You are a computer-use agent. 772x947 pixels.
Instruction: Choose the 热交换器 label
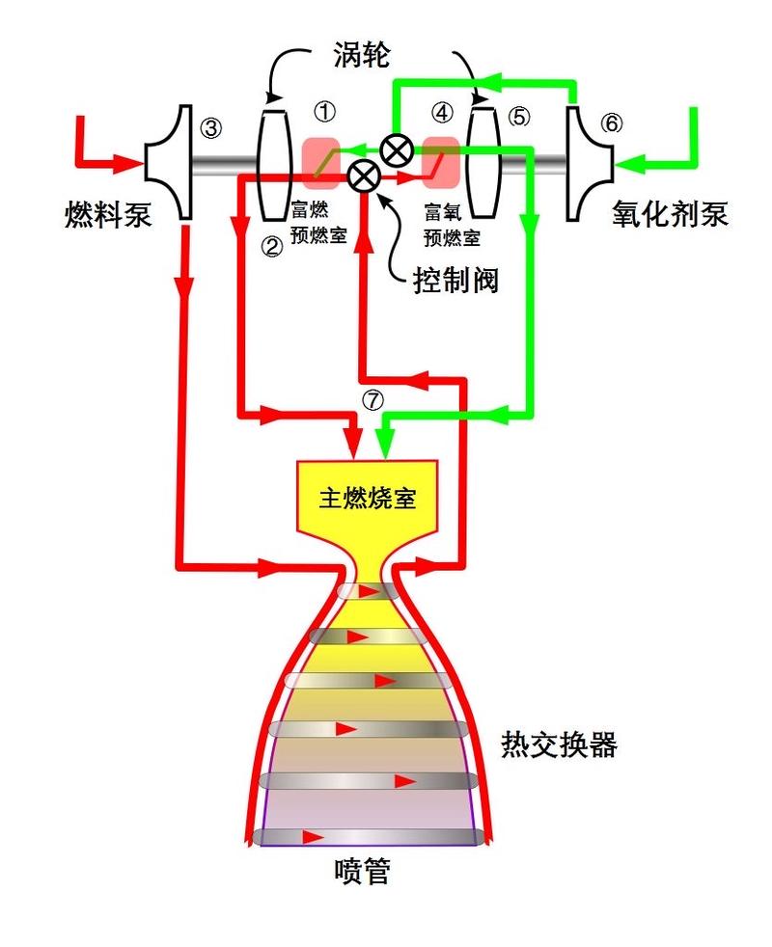(559, 744)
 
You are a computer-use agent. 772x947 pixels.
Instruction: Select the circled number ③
(210, 125)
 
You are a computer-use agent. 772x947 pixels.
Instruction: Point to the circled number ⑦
(371, 398)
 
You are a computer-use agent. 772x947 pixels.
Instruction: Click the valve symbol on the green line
(395, 150)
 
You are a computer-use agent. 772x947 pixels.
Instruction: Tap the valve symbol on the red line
(362, 176)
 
